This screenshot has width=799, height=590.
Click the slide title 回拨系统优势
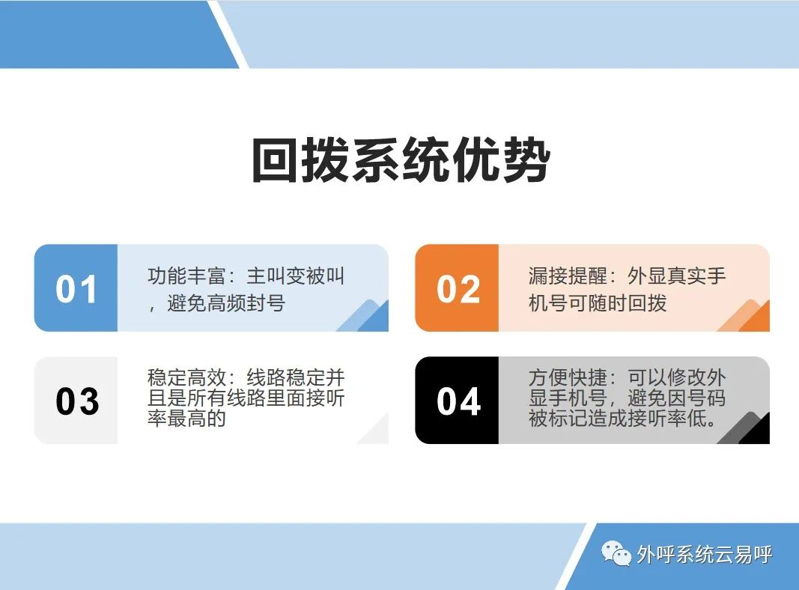tap(401, 160)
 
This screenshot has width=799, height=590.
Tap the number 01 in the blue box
tap(76, 289)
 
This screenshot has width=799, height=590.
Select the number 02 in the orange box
tap(458, 289)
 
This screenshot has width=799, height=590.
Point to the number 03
tap(77, 401)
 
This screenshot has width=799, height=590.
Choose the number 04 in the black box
tap(458, 401)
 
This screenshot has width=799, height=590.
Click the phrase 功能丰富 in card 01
tap(186, 276)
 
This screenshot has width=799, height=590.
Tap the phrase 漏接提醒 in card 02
tap(568, 276)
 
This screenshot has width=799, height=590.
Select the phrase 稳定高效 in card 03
tap(186, 377)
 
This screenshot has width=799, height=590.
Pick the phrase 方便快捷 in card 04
tap(568, 377)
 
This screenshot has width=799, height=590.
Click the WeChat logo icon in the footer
tap(616, 553)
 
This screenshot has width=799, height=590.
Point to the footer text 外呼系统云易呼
tap(705, 554)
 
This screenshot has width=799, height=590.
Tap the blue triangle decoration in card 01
tap(369, 317)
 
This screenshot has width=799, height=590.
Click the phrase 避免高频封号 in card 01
tap(226, 303)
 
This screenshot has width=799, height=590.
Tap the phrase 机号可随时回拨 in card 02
tap(598, 303)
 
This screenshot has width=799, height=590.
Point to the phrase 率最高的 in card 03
tap(186, 419)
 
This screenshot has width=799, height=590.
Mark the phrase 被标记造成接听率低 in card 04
tap(618, 419)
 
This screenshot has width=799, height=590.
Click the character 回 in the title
tap(275, 160)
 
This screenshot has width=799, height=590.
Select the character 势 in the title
tap(527, 160)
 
